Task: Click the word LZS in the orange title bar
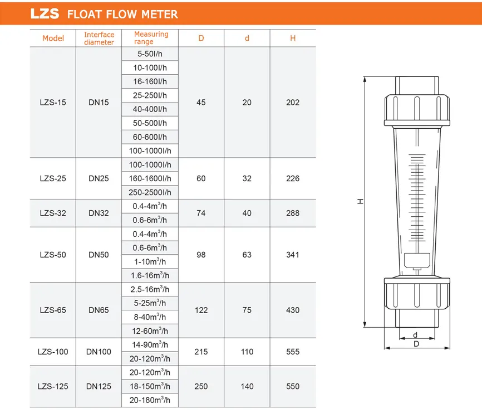click(x=44, y=13)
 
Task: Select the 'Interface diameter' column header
click(x=99, y=38)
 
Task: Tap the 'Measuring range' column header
click(x=151, y=38)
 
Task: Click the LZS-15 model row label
click(x=53, y=103)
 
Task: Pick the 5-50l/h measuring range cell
click(x=150, y=54)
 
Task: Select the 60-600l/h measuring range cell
click(x=150, y=137)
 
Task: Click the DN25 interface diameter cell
click(x=99, y=178)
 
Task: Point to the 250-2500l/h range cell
click(x=150, y=192)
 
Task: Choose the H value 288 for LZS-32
click(x=293, y=213)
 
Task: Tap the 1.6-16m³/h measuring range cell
click(x=150, y=275)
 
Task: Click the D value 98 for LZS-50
click(x=201, y=255)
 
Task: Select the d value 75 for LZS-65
click(x=247, y=310)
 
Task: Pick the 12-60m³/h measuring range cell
click(x=150, y=330)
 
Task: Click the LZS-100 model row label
click(x=53, y=352)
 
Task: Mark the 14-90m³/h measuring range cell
click(x=150, y=344)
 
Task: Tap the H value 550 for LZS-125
click(x=293, y=386)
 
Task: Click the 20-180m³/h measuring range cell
click(x=150, y=400)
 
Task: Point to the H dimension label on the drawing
click(x=360, y=201)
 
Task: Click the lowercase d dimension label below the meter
click(x=415, y=335)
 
